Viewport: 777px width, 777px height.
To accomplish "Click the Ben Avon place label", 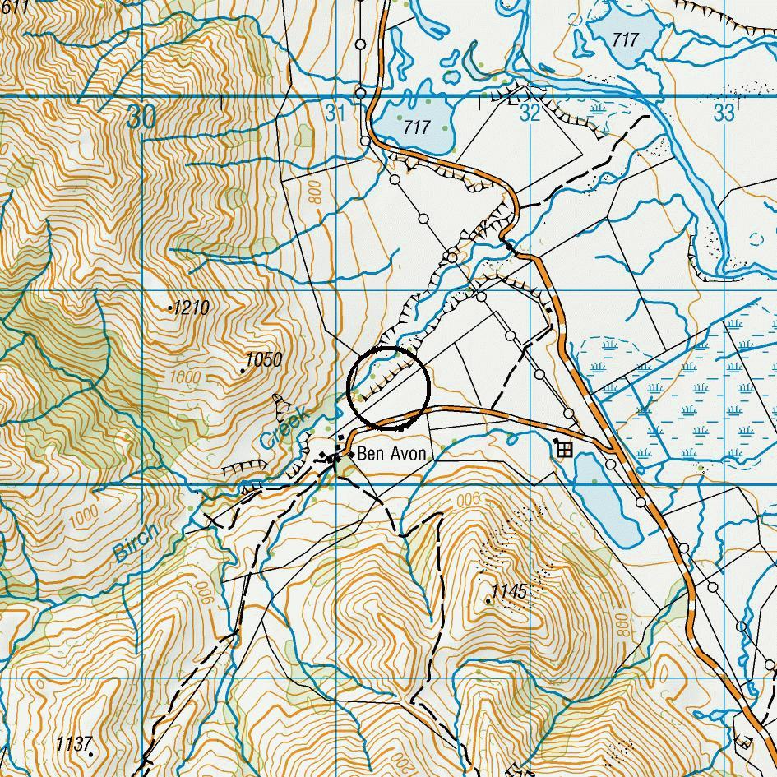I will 391,454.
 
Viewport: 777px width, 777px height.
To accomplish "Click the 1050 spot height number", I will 264,359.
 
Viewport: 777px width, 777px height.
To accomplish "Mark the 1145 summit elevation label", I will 509,591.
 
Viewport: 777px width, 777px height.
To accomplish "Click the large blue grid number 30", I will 141,118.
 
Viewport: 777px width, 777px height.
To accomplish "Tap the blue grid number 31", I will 335,113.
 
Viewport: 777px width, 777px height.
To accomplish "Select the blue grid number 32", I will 530,113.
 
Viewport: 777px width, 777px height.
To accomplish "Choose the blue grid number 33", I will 724,113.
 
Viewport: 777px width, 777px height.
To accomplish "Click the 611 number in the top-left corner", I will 14,7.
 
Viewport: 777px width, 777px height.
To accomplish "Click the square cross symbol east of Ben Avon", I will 564,449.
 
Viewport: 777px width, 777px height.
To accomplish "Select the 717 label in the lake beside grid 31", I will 417,127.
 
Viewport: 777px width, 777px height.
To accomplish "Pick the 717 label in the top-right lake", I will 625,39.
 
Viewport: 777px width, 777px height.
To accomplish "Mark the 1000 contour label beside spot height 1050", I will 185,377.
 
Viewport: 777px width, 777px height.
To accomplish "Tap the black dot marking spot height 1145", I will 488,601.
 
